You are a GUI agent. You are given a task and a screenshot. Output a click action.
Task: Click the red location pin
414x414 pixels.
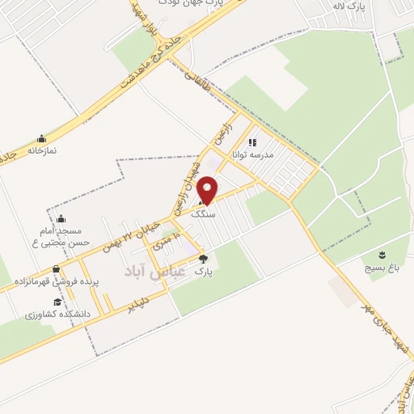(208, 190)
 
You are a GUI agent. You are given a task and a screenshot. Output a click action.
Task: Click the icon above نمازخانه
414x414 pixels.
(41, 138)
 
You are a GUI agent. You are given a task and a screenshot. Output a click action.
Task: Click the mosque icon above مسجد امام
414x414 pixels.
(61, 218)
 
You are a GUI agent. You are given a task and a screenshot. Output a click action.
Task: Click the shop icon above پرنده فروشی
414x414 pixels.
(56, 270)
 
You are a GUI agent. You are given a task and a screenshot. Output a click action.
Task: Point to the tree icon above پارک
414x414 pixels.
(203, 260)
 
